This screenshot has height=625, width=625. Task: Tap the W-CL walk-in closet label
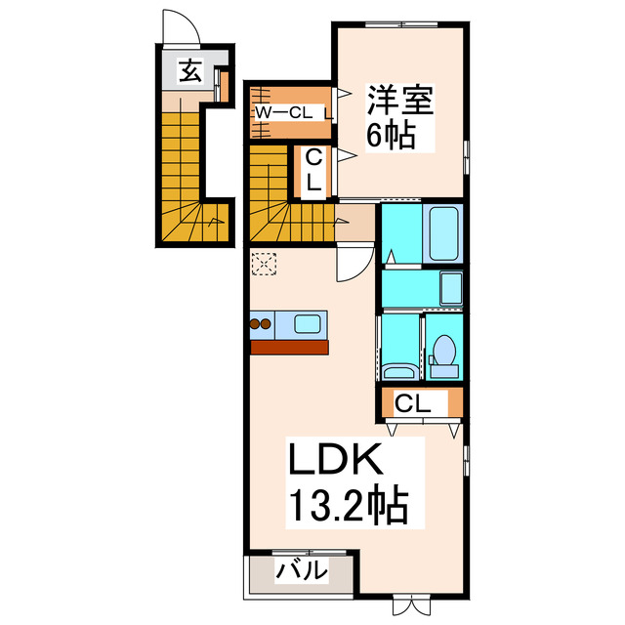point(284,112)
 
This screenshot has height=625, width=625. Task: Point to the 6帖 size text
point(391,135)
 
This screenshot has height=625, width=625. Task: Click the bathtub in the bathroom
point(443,234)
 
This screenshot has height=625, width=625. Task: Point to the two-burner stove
point(262,323)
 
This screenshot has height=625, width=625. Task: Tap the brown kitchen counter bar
point(290,346)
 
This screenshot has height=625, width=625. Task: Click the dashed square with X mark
point(265,264)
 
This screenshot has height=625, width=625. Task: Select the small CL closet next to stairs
point(314,170)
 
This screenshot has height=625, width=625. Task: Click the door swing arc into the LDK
point(354,263)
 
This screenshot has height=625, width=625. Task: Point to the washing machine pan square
point(451,288)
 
